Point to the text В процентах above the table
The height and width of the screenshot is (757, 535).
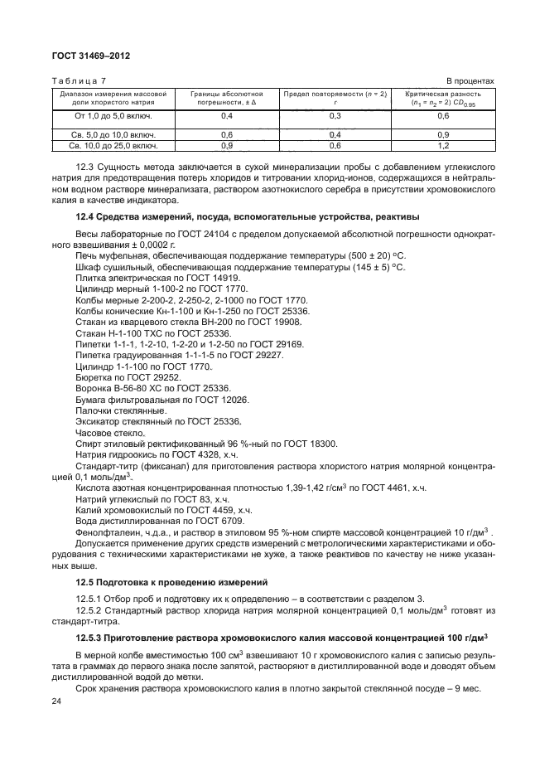(x=470, y=80)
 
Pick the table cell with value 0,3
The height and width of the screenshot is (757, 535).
(x=335, y=116)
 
